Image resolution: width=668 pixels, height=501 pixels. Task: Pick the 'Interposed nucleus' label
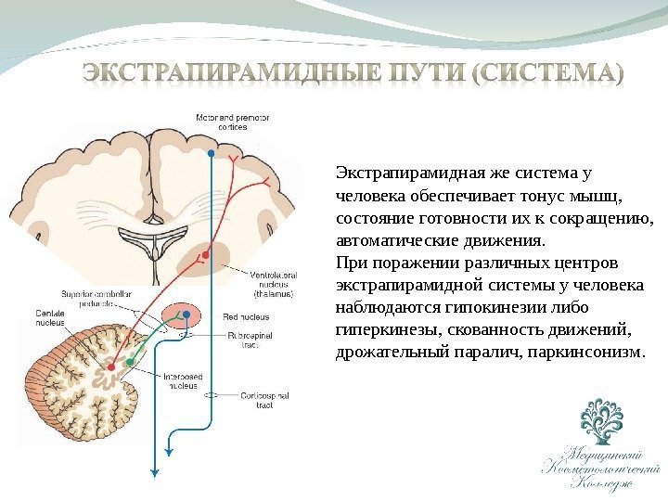coord(183,380)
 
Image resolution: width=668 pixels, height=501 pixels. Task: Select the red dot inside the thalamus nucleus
coord(207,250)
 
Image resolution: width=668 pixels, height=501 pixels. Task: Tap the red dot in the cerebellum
coord(112,367)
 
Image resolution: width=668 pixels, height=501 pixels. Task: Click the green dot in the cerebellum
coord(131,360)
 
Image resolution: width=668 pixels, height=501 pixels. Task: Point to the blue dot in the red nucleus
coord(186,315)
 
